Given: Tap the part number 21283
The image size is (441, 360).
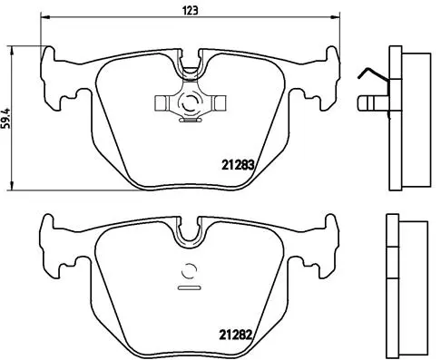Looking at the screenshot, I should pyautogui.click(x=238, y=166).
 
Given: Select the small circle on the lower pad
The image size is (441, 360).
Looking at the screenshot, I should pyautogui.click(x=190, y=269).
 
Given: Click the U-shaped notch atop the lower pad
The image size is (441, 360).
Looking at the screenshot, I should pyautogui.click(x=190, y=234).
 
